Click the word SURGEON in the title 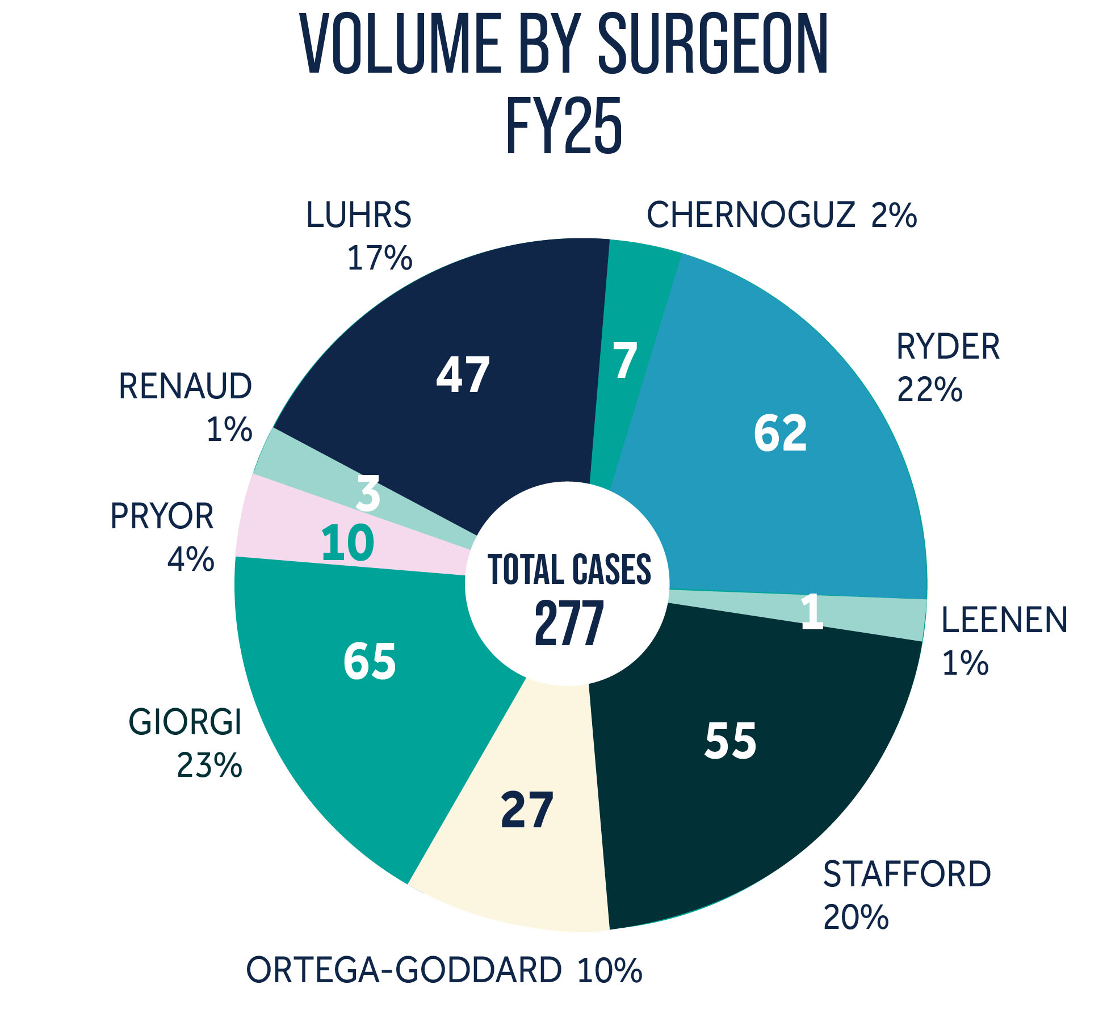coord(713,44)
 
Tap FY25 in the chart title coord(564,126)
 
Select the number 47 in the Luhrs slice coord(463,375)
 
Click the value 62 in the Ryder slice coord(780,434)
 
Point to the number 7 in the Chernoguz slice coord(625,360)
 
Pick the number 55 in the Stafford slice coord(731,741)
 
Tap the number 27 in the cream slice coord(527,810)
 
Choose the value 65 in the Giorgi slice coord(370,662)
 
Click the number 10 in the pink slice coord(347,543)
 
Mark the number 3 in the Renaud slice coord(368,494)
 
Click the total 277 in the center coord(568,624)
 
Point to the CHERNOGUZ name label coord(751,215)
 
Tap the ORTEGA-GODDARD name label coord(404,970)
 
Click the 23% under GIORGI coord(209,765)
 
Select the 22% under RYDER coord(929,390)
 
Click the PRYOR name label coord(162,516)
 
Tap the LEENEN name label coord(1004,620)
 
